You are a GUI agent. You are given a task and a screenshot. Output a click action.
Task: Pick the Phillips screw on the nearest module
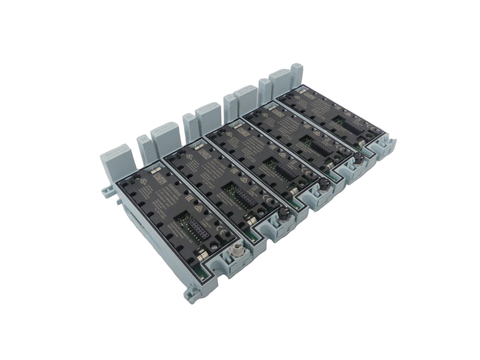pos(214,247)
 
